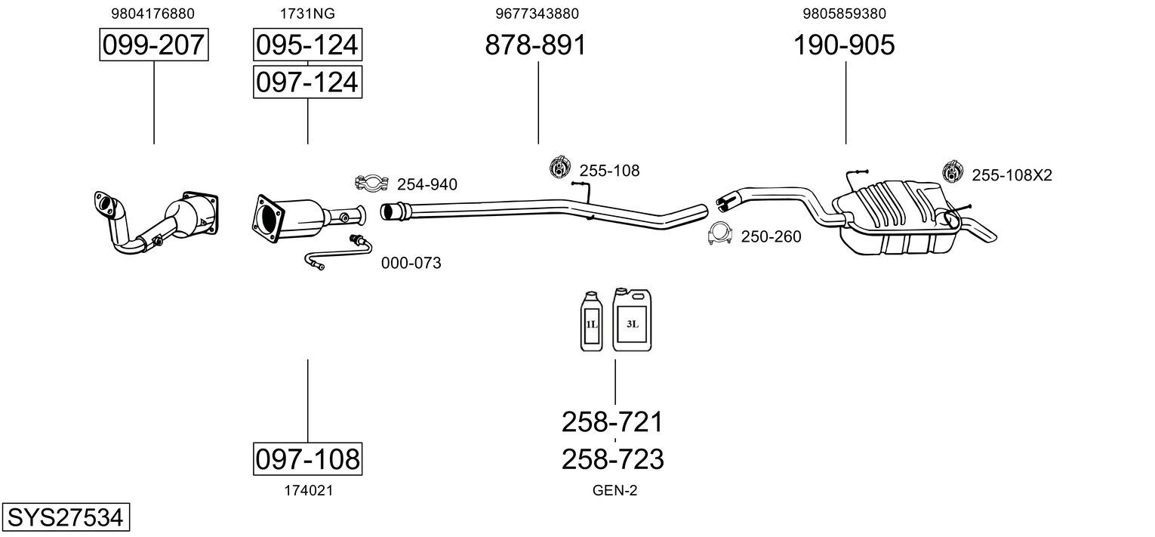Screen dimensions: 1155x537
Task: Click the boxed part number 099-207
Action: pos(154,45)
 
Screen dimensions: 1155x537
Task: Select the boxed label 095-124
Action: pos(307,45)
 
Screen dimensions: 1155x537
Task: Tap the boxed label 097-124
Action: pos(307,82)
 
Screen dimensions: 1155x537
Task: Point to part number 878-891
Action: pos(535,45)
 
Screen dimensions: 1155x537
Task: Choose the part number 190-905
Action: pos(844,45)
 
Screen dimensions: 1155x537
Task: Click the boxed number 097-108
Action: pos(307,458)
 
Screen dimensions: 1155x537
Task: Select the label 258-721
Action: pos(612,422)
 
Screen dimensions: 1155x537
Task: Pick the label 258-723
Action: pos(612,459)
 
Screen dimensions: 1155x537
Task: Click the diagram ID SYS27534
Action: pos(66,517)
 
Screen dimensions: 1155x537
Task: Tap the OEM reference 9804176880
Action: pos(153,14)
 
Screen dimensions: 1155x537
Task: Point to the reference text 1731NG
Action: pos(307,14)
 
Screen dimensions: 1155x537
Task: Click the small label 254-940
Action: pos(427,184)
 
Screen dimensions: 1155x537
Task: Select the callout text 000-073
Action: pos(411,263)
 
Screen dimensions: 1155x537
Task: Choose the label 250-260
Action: pos(771,236)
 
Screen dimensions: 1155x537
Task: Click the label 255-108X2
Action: pos(1012,175)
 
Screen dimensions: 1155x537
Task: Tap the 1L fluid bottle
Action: pos(591,322)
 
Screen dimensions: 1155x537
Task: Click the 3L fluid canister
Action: pos(632,319)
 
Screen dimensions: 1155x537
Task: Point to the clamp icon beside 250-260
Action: pos(720,234)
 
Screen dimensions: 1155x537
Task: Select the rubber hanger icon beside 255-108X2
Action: pos(953,171)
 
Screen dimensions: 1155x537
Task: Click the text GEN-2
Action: pos(614,490)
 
